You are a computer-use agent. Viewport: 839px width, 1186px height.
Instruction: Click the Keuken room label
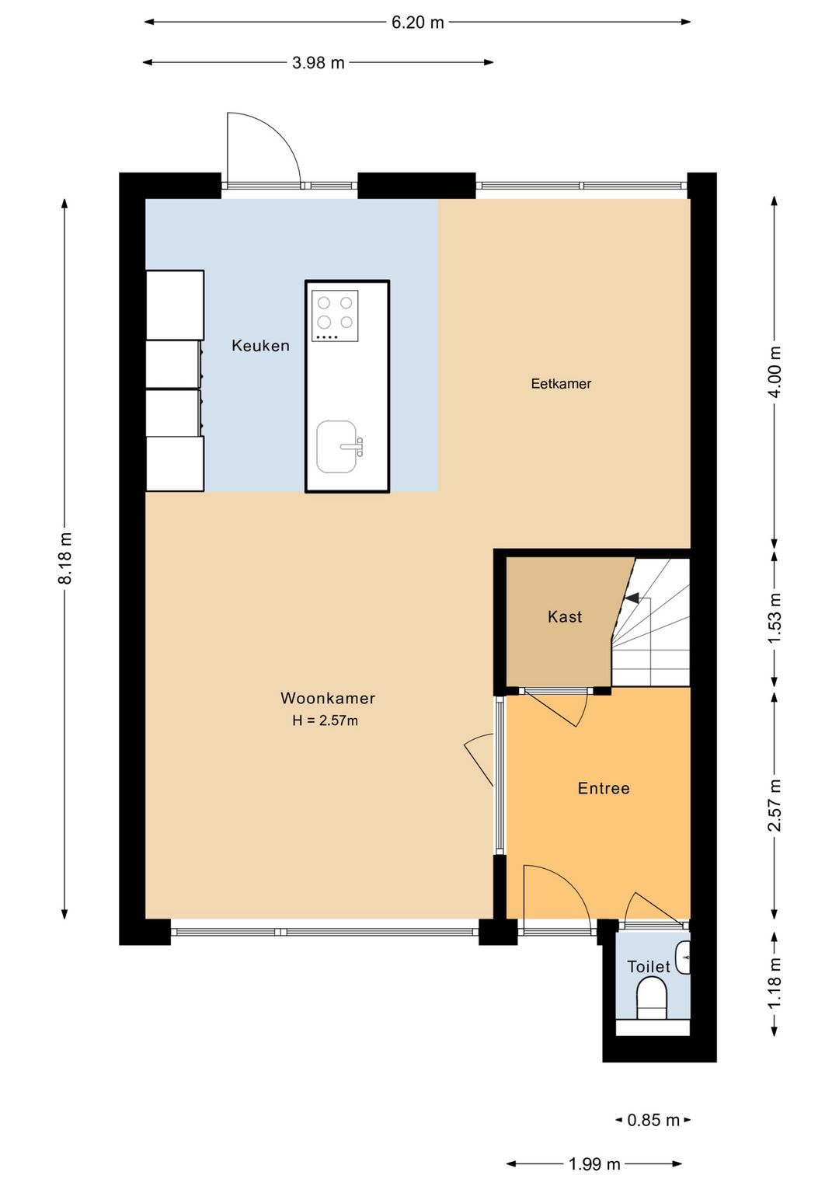point(260,346)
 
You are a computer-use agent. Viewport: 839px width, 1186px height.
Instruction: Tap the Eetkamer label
point(561,383)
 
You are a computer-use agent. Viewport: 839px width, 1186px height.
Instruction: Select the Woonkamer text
point(328,698)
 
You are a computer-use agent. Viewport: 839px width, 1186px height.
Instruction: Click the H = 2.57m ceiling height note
point(325,720)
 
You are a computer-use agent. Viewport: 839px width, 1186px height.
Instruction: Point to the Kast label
point(565,616)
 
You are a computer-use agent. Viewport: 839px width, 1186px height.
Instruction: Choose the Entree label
point(604,788)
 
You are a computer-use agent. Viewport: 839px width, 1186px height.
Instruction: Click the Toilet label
point(649,967)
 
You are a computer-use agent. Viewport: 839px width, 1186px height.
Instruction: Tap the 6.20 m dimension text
point(418,23)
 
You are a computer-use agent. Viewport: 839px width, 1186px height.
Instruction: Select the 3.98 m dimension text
point(319,63)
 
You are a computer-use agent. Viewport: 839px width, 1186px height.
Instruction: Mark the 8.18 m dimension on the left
point(64,559)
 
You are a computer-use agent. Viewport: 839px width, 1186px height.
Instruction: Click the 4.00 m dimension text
point(775,371)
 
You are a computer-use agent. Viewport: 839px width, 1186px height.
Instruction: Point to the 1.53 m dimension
point(775,618)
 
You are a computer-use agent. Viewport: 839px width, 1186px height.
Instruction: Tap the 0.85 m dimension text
point(653,1120)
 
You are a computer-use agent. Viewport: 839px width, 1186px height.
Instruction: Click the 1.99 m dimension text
point(594,1163)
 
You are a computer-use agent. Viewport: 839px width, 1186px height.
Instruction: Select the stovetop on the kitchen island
point(335,316)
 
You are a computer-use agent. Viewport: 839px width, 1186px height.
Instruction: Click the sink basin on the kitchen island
point(337,447)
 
